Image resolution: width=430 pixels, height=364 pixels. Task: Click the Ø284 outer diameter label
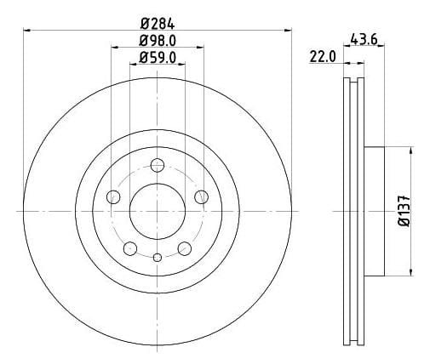click(158, 20)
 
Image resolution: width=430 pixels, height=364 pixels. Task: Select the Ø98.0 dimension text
click(158, 39)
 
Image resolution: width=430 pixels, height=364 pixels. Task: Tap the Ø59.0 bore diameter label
click(158, 59)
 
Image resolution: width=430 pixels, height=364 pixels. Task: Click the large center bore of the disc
click(157, 208)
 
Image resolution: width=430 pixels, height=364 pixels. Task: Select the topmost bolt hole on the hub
click(157, 165)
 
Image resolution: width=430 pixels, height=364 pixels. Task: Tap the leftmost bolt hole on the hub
click(113, 197)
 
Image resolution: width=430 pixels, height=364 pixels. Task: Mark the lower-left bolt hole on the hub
click(129, 247)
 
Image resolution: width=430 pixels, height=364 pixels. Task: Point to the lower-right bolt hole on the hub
click(183, 247)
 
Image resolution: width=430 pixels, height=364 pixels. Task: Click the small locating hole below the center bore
click(157, 258)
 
